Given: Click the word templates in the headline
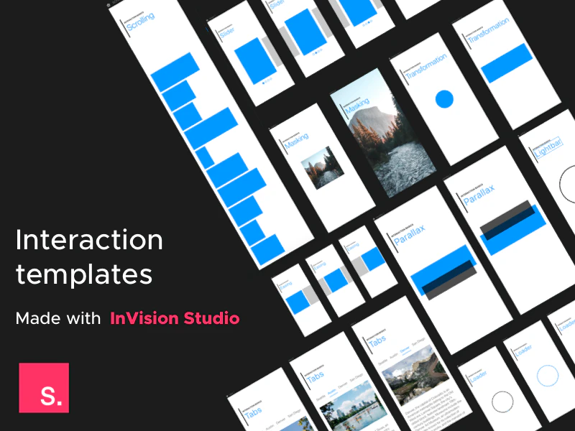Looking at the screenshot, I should pyautogui.click(x=84, y=275).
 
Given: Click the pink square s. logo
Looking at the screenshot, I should pyautogui.click(x=44, y=388).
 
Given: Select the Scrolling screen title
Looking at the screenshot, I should pyautogui.click(x=139, y=21).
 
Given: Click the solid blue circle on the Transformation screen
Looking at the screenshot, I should pyautogui.click(x=444, y=99).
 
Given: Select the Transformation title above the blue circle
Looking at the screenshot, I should pyautogui.click(x=425, y=66).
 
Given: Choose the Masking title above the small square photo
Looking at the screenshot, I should pyautogui.click(x=296, y=140).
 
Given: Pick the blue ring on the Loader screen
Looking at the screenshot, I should pyautogui.click(x=548, y=376).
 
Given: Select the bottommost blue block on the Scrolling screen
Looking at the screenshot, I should pyautogui.click(x=268, y=249).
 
